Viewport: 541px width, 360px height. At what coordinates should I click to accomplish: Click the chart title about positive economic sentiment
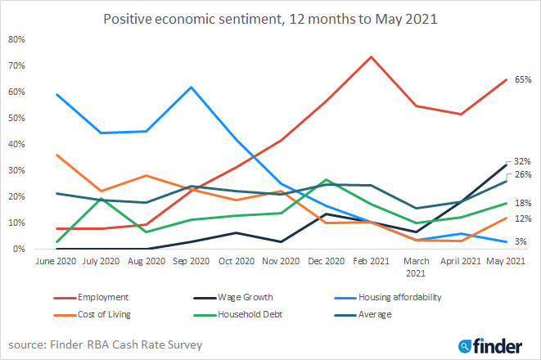point(270,19)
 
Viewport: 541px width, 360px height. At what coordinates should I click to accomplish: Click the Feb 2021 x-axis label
point(371,261)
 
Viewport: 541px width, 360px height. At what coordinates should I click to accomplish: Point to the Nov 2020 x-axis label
point(281,261)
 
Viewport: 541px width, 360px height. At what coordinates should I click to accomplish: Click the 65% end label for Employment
point(524,79)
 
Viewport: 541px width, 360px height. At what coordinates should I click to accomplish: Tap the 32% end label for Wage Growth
point(524,161)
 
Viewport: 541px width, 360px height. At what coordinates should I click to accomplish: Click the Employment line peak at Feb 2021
point(371,56)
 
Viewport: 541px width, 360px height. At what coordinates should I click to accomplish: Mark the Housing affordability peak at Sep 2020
point(191,87)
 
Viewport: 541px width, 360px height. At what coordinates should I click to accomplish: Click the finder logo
point(495,344)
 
